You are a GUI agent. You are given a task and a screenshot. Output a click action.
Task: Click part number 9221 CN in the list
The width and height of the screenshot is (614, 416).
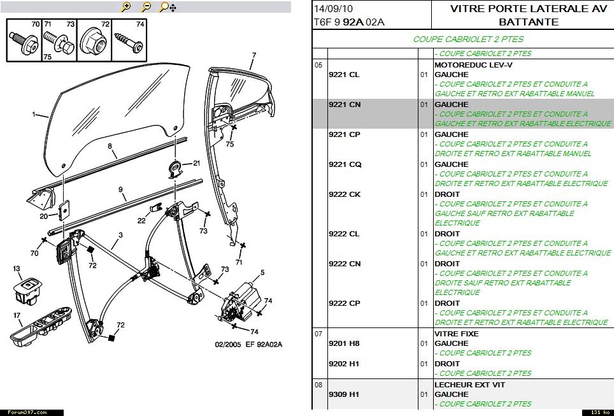(x=344, y=104)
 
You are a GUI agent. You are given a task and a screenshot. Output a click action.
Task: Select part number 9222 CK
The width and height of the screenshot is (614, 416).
(x=344, y=194)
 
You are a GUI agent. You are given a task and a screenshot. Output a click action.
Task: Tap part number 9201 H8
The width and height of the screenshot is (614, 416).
(x=344, y=343)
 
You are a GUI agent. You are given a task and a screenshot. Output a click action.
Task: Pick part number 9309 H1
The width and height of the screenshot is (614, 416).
(x=344, y=394)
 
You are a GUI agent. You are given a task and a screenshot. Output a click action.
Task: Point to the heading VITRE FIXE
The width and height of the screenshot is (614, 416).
(x=456, y=334)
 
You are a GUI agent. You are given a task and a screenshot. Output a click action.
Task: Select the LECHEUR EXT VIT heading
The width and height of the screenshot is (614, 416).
(x=470, y=385)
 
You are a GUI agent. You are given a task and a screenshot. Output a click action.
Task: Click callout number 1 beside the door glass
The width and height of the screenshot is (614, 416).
(x=33, y=115)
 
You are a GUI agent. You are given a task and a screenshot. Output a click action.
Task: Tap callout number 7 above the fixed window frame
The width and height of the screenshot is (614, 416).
(x=253, y=55)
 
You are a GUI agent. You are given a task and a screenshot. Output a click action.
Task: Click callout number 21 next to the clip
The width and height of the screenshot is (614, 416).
(x=196, y=163)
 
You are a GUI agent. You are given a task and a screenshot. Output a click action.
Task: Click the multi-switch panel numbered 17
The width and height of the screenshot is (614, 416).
(x=43, y=326)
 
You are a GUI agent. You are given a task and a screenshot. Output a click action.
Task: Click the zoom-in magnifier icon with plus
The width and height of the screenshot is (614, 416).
(x=126, y=7)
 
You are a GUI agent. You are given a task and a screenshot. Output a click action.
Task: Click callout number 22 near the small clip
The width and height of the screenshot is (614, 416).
(x=141, y=220)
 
